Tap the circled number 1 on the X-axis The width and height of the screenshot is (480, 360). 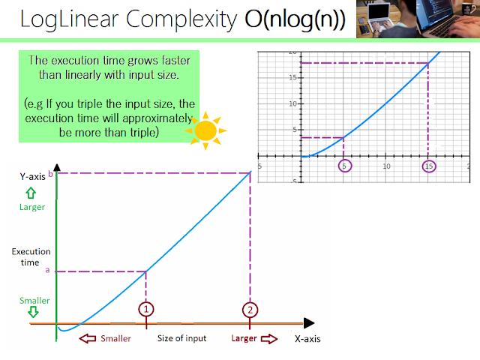point(146,308)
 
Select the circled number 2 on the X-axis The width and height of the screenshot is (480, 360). point(250,308)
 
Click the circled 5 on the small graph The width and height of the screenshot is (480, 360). point(344,165)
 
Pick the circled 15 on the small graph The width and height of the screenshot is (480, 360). point(429,165)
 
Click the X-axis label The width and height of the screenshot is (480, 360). point(307,339)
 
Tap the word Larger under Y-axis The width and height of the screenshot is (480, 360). point(32,207)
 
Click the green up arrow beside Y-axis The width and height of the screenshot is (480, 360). point(32,192)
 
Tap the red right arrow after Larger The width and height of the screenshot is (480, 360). point(268,338)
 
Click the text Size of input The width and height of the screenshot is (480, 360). point(181,338)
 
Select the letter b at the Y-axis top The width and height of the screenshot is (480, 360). point(49,173)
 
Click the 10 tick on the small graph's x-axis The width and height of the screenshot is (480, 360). point(386,166)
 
